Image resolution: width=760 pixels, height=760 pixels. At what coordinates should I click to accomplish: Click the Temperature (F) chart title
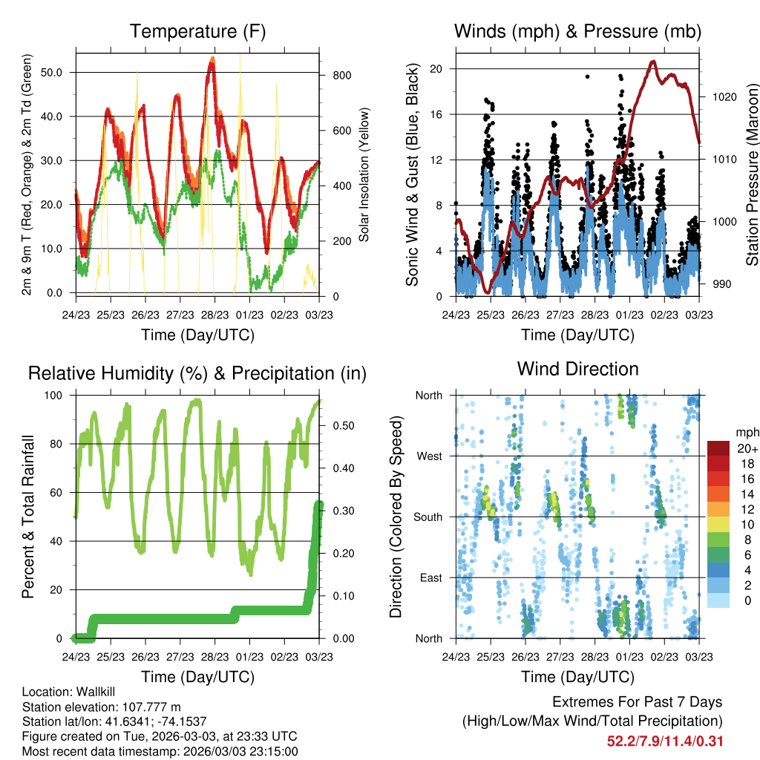197,31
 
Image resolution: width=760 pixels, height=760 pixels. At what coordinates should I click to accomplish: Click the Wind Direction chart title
577,369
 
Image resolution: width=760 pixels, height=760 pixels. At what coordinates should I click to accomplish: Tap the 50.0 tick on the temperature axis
51,72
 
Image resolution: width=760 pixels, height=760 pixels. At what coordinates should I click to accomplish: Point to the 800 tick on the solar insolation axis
342,75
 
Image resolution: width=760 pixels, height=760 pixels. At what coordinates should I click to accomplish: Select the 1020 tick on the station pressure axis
724,97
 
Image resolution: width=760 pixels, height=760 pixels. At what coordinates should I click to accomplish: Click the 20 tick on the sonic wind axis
436,69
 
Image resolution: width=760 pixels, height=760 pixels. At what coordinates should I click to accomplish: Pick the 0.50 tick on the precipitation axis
344,425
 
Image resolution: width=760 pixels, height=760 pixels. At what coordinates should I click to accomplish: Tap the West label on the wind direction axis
430,456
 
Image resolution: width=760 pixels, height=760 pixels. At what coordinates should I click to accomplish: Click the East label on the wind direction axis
431,577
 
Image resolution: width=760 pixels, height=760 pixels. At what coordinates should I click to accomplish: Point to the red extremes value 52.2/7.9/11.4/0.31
665,741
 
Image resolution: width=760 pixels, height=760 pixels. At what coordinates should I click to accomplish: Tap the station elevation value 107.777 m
151,707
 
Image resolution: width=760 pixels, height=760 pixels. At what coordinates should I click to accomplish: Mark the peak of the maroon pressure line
653,62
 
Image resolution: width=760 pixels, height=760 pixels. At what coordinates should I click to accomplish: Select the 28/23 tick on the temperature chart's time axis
214,315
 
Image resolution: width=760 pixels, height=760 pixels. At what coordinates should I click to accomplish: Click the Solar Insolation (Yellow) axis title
364,174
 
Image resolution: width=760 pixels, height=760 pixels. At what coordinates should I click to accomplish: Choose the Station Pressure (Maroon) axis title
752,174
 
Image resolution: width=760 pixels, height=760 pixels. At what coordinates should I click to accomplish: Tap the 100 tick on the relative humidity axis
53,396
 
